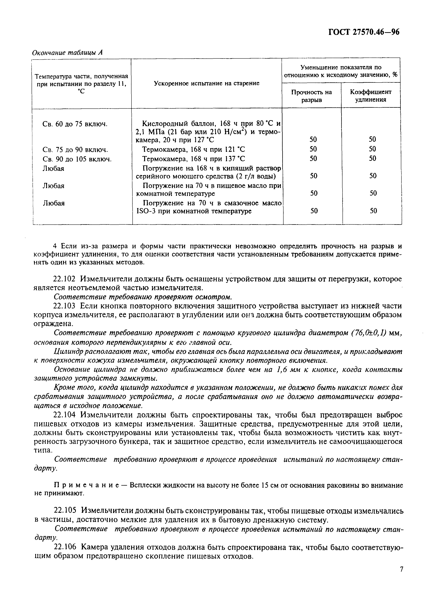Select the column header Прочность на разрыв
click(x=311, y=96)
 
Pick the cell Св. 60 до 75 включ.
click(x=75, y=124)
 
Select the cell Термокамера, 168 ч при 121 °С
click(x=193, y=149)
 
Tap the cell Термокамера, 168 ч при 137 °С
click(x=193, y=159)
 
